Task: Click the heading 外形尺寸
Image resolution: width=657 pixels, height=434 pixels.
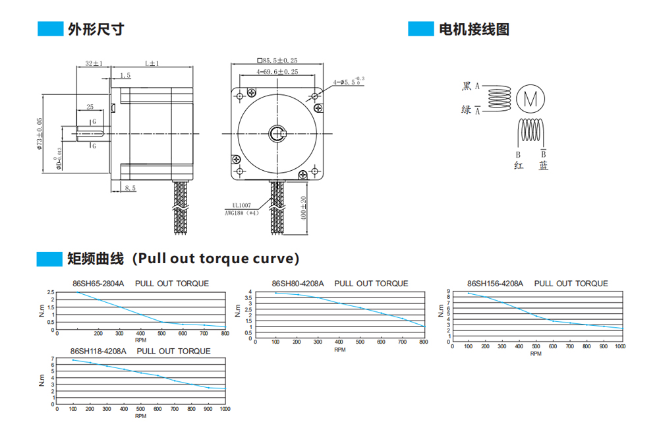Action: click(x=96, y=29)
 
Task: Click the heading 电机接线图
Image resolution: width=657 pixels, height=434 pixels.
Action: click(x=474, y=29)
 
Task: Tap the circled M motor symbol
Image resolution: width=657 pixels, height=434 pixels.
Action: click(x=531, y=99)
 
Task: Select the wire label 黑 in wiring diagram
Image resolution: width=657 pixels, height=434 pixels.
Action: click(x=467, y=86)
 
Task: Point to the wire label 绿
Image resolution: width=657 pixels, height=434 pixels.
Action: click(x=467, y=110)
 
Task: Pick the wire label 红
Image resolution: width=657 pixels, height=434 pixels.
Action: click(x=518, y=166)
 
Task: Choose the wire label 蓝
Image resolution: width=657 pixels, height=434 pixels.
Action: click(x=543, y=166)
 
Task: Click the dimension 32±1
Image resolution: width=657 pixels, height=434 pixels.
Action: click(x=94, y=63)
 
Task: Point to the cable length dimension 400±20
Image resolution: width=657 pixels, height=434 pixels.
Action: click(x=304, y=208)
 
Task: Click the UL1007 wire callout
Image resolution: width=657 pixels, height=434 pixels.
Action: click(x=241, y=205)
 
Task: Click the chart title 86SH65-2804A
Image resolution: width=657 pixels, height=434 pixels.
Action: click(x=98, y=284)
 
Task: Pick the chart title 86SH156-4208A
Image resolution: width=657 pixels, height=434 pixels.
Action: click(x=495, y=284)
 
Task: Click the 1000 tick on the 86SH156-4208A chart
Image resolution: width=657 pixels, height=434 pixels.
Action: click(x=619, y=346)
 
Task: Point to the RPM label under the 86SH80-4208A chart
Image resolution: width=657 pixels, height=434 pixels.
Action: click(x=339, y=350)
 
